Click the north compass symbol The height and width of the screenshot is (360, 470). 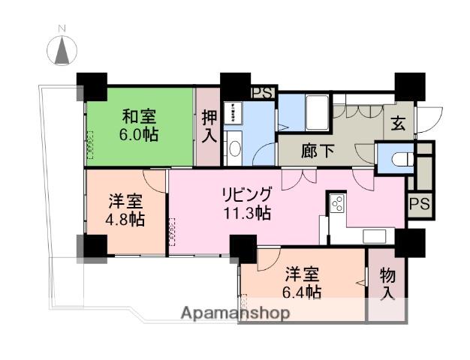(x=64, y=52)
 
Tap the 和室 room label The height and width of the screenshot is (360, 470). (x=140, y=116)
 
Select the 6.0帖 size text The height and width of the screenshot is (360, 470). (x=140, y=135)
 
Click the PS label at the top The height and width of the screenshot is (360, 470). (x=262, y=93)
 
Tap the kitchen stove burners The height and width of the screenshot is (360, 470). (x=336, y=201)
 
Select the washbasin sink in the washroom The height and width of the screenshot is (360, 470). (x=233, y=145)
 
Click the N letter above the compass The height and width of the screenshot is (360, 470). (x=64, y=28)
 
